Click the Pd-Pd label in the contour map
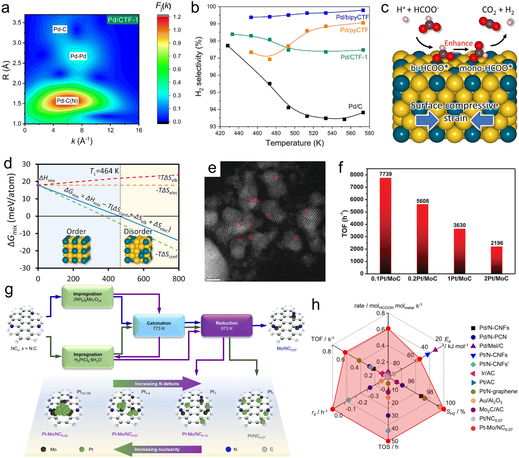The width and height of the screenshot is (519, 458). coord(78,56)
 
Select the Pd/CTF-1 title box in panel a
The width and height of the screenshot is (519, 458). coord(123,20)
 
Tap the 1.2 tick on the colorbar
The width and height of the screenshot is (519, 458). coord(177,17)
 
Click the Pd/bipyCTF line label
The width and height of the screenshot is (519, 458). coord(352,17)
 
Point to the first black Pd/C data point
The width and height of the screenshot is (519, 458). coord(228,46)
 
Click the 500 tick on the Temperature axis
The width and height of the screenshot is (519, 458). coord(295,133)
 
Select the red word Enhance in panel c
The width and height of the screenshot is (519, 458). coord(458,43)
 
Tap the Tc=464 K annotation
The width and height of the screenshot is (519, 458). coord(104,171)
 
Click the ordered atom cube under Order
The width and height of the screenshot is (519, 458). coord(76,250)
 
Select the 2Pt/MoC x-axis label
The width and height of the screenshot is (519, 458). coord(496,279)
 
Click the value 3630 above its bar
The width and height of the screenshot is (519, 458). coord(459,225)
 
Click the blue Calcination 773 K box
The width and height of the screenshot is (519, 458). coord(159,326)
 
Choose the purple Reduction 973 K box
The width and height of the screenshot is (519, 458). coord(227,326)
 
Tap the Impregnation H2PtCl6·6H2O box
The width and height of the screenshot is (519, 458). coord(88,357)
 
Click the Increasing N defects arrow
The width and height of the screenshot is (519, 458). coord(157,384)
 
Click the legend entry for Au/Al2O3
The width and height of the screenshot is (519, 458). coord(490,401)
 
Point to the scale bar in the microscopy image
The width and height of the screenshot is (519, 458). coord(213,279)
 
